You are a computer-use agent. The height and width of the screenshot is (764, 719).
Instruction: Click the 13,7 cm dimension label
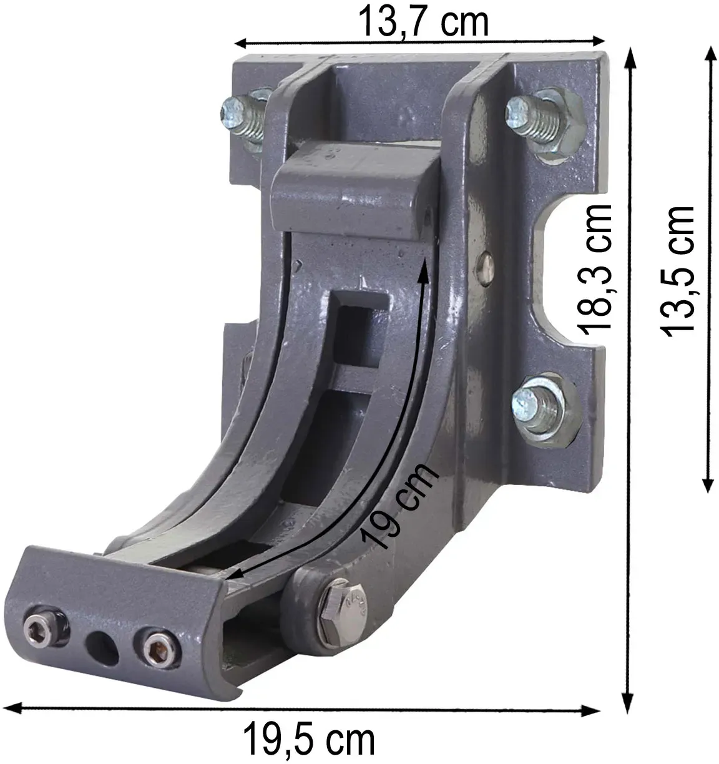[423, 21]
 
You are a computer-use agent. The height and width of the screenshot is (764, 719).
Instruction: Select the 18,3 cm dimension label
[594, 269]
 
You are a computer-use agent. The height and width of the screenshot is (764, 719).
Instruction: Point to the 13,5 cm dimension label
[678, 272]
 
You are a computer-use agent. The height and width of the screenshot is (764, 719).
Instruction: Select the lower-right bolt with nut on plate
[542, 409]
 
